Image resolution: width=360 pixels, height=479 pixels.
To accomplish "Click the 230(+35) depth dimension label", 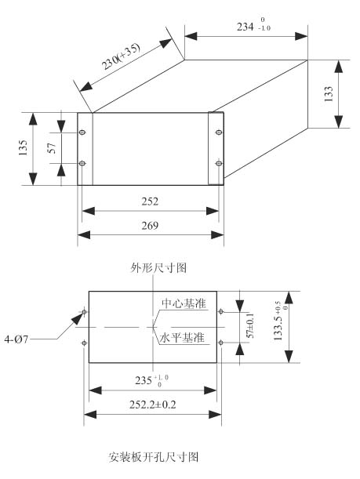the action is point(121,56).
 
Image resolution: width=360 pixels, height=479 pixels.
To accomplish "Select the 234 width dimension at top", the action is point(253,26).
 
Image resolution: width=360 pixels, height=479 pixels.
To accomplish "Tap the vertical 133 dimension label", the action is point(329,94).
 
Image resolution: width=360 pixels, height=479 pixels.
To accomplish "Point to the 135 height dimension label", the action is point(24,148).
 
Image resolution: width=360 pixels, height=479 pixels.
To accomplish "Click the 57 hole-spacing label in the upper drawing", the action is point(53,148).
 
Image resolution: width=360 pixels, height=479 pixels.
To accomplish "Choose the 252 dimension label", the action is point(150,201).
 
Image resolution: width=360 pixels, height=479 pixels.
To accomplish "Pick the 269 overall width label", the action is point(150,226).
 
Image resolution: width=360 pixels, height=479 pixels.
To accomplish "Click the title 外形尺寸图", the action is point(158,268).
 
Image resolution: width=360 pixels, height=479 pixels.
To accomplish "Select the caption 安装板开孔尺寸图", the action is point(154,457).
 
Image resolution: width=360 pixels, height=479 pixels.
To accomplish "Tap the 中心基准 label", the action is point(184,303).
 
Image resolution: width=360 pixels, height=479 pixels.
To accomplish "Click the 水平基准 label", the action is point(183,338).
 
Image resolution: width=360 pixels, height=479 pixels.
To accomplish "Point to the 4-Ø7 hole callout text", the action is point(16,339).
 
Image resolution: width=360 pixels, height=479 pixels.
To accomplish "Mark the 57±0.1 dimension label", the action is point(250,325).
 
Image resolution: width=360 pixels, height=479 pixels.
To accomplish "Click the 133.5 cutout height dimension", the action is point(281,321).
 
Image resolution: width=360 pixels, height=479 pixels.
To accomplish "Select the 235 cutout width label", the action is point(151,381).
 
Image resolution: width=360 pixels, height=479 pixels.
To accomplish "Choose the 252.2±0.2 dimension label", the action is point(152,405).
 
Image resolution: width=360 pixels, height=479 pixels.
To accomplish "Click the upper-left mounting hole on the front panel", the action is point(82,132).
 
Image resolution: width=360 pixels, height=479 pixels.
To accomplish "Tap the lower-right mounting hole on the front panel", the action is point(219,163).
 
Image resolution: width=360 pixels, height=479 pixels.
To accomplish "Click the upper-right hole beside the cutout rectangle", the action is point(221,311).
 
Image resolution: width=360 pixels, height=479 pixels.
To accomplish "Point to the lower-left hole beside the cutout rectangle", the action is point(85,343).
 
